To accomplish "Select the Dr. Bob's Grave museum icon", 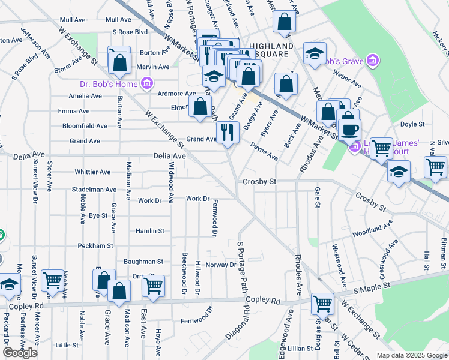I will point(373,61).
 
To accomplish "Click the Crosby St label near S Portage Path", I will point(259,181).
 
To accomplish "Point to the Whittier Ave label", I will point(92,172).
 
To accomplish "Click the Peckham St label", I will point(95,246).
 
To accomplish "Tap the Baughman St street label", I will point(143,262).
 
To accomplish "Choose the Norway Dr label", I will point(221,265).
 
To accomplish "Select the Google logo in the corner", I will point(20,352).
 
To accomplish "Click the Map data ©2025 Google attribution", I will point(411,355).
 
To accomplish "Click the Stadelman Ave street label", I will point(94,190).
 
